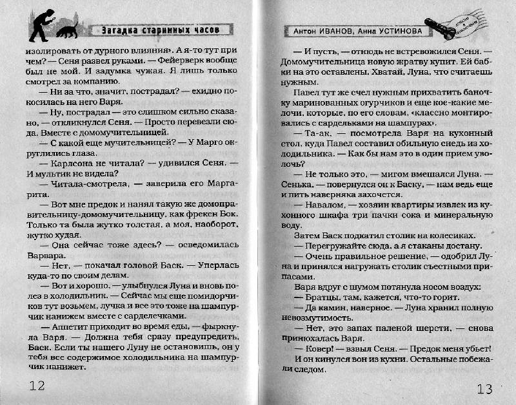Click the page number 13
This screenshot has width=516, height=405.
pos(485,388)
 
